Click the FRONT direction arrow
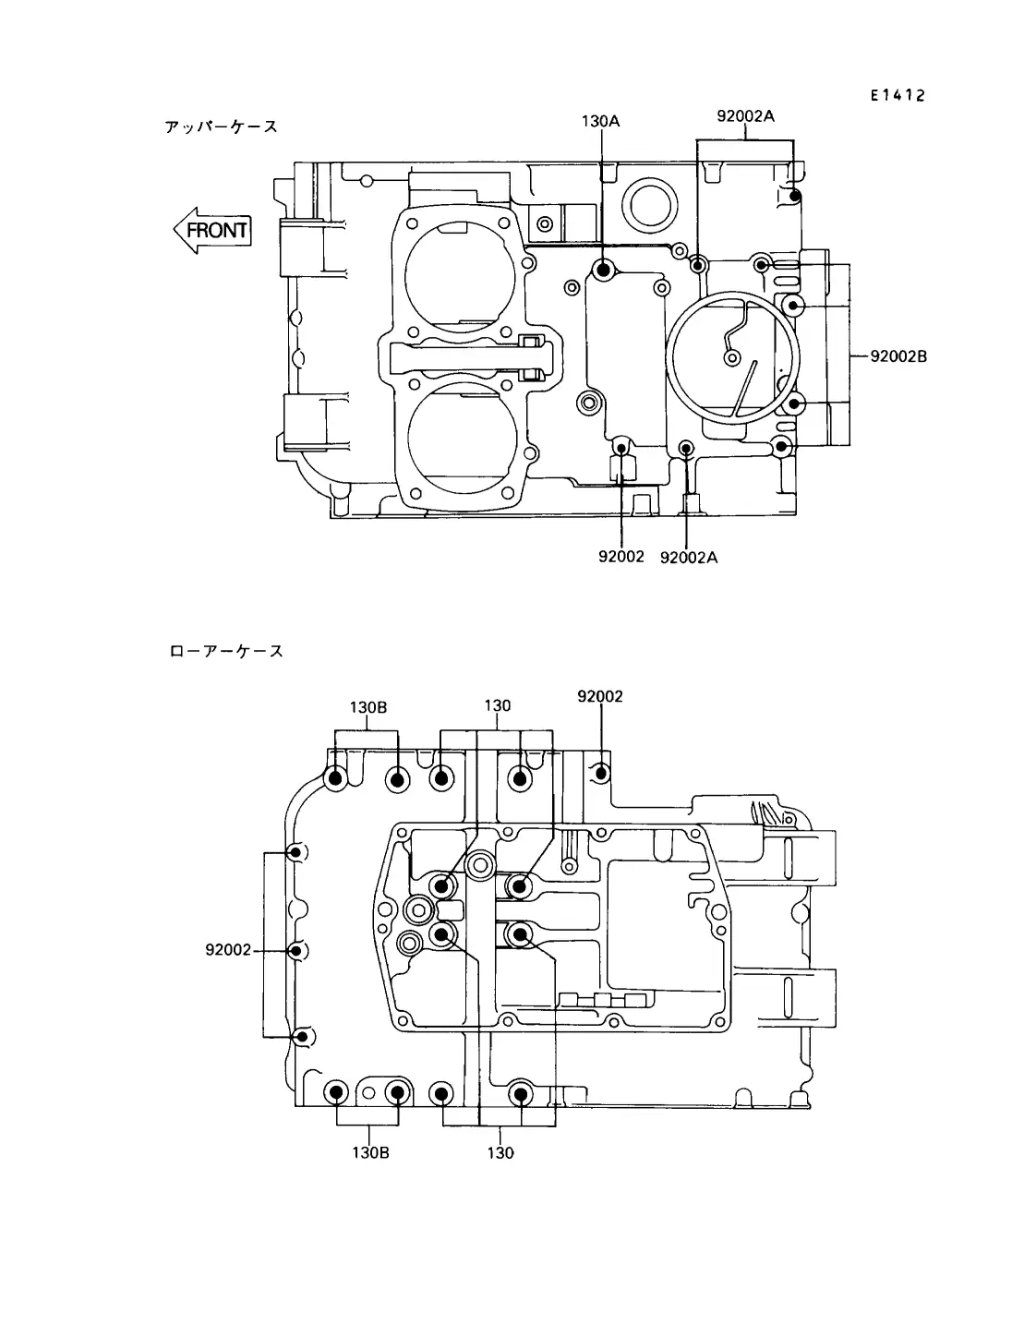[x=212, y=231]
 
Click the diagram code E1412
[x=898, y=95]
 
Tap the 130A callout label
[x=600, y=121]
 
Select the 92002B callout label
[x=898, y=356]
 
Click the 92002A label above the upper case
[x=745, y=115]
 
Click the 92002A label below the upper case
[x=689, y=558]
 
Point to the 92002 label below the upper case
[x=621, y=556]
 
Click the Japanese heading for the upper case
[x=221, y=126]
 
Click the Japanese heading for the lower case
[x=226, y=651]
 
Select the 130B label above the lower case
[x=367, y=707]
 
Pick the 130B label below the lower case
[x=370, y=1152]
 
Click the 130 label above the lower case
[x=497, y=705]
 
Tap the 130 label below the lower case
[x=500, y=1152]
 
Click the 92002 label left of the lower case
[x=228, y=949]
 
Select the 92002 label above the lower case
[x=599, y=696]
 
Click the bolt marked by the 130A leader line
[x=603, y=270]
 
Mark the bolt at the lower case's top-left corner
[x=335, y=778]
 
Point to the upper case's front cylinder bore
[x=460, y=277]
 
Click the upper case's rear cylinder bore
[x=462, y=438]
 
